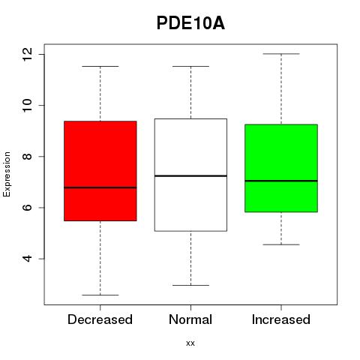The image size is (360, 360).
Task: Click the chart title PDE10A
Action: pyautogui.click(x=190, y=23)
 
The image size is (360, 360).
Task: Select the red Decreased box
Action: pyautogui.click(x=100, y=171)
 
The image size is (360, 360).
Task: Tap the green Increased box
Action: pyautogui.click(x=281, y=168)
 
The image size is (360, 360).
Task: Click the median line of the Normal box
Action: pyautogui.click(x=190, y=176)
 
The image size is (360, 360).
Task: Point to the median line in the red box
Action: pyautogui.click(x=100, y=187)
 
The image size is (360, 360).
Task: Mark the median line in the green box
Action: pyautogui.click(x=281, y=181)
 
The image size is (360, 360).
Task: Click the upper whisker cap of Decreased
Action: pyautogui.click(x=100, y=67)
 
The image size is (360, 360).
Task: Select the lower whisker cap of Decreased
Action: pyautogui.click(x=100, y=295)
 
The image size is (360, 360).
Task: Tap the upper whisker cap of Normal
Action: pyautogui.click(x=190, y=67)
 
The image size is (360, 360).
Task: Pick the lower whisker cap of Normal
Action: pyautogui.click(x=190, y=285)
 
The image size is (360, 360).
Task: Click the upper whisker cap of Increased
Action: pyautogui.click(x=281, y=54)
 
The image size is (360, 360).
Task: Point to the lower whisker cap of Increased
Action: pyautogui.click(x=281, y=244)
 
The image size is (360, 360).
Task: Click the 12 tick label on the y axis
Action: pyautogui.click(x=27, y=54)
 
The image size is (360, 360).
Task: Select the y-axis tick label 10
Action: pyautogui.click(x=27, y=105)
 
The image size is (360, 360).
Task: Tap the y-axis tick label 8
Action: pyautogui.click(x=27, y=157)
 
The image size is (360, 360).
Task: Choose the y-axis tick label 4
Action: pyautogui.click(x=27, y=259)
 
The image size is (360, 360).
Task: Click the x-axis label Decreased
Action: pyautogui.click(x=100, y=319)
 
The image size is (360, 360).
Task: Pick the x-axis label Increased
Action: pyautogui.click(x=281, y=319)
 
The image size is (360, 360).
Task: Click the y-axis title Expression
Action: pyautogui.click(x=7, y=174)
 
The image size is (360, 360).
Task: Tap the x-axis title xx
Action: pyautogui.click(x=190, y=343)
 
